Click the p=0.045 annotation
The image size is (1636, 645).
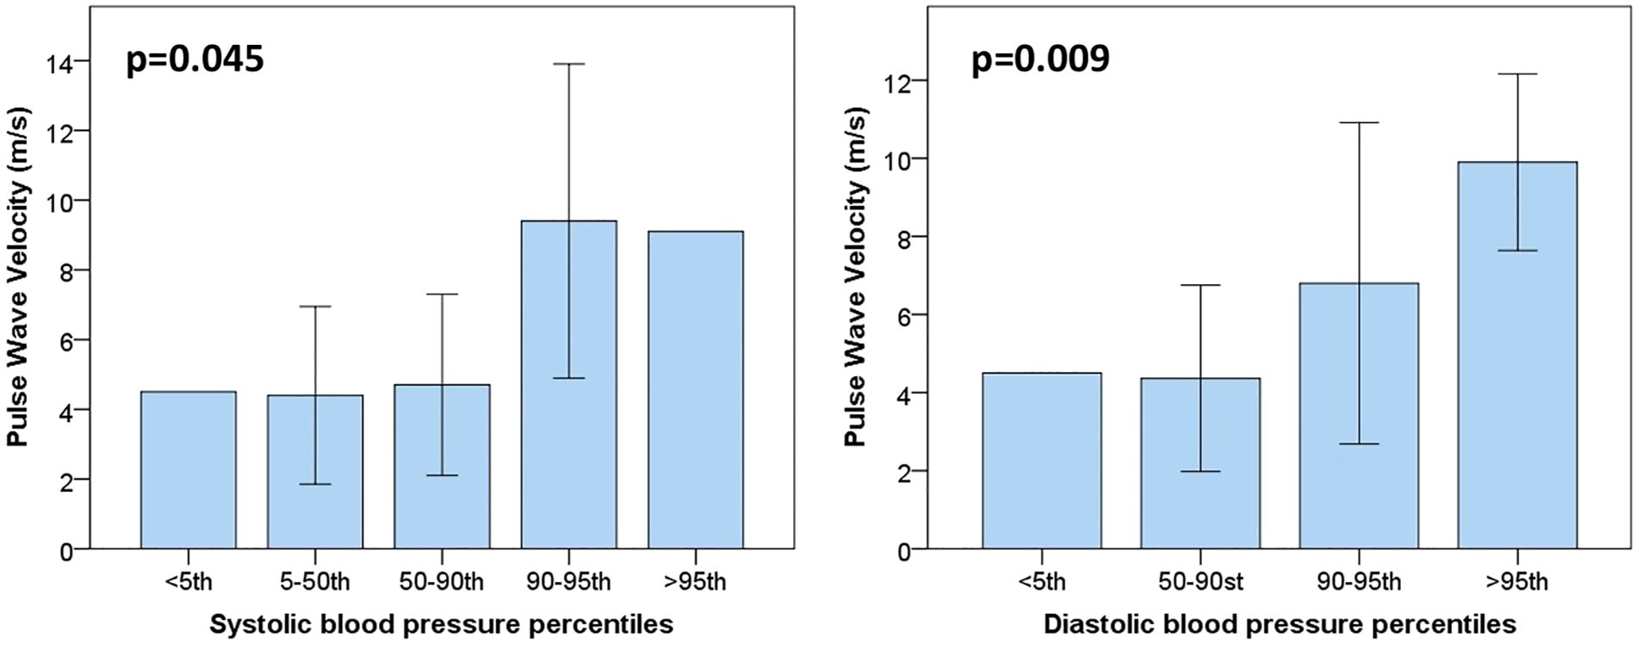pos(195,59)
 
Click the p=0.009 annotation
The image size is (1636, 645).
pos(1040,59)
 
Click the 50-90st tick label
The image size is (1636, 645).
pos(1200,582)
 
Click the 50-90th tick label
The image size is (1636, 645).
pos(442,582)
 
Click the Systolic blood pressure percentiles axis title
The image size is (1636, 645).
pos(442,623)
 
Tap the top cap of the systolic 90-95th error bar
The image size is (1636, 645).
pos(568,64)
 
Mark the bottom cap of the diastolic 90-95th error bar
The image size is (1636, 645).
pos(1359,443)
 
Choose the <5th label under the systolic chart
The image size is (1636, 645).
pos(188,582)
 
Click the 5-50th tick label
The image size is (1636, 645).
pos(314,582)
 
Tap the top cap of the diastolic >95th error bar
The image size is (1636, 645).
pos(1517,74)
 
